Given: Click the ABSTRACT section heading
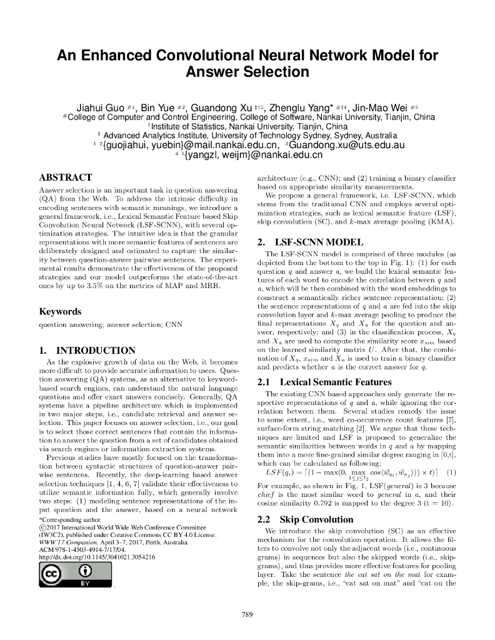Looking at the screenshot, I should tap(66, 177).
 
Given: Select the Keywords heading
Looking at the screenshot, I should tap(60, 311).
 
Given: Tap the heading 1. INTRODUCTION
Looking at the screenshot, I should tap(87, 350).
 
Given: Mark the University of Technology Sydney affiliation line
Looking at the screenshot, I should tap(247, 136).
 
